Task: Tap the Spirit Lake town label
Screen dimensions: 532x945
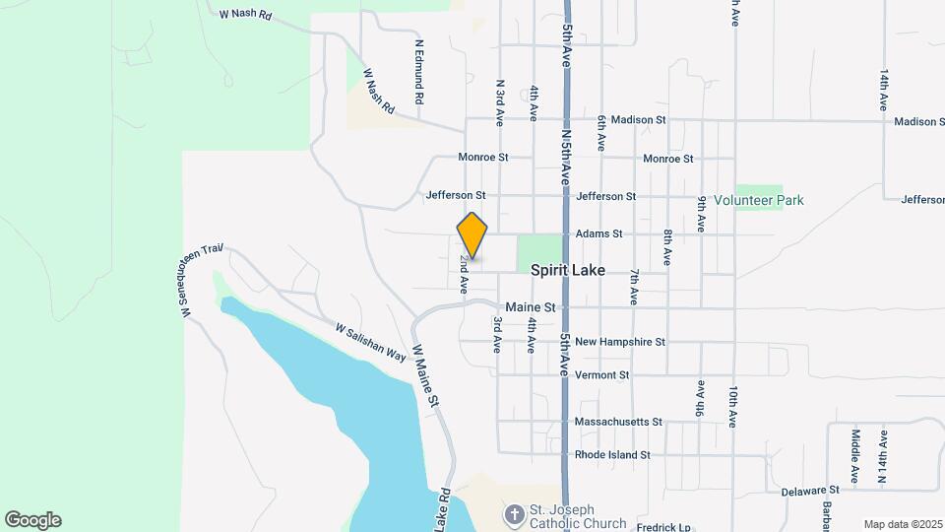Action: coord(567,269)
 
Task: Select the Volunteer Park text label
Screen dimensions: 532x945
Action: coord(758,200)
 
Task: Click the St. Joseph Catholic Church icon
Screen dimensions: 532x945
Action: coord(514,514)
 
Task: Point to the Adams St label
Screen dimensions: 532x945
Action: coord(599,233)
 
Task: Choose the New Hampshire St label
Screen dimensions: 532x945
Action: coord(620,342)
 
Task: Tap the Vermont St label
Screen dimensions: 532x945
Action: coord(602,375)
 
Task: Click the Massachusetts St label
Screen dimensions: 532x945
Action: coord(619,422)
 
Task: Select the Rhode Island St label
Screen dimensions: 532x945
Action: coord(612,455)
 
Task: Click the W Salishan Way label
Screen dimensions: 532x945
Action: coord(370,342)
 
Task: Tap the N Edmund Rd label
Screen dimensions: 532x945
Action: coord(419,72)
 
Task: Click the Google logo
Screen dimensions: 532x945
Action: coord(32,520)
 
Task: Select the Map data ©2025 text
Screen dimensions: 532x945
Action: coord(902,524)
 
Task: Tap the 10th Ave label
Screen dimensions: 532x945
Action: coord(734,406)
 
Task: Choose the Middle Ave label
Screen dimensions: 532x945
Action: coord(856,455)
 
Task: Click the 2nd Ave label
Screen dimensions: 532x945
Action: coord(463,276)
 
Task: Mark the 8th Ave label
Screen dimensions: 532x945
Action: coord(667,247)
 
